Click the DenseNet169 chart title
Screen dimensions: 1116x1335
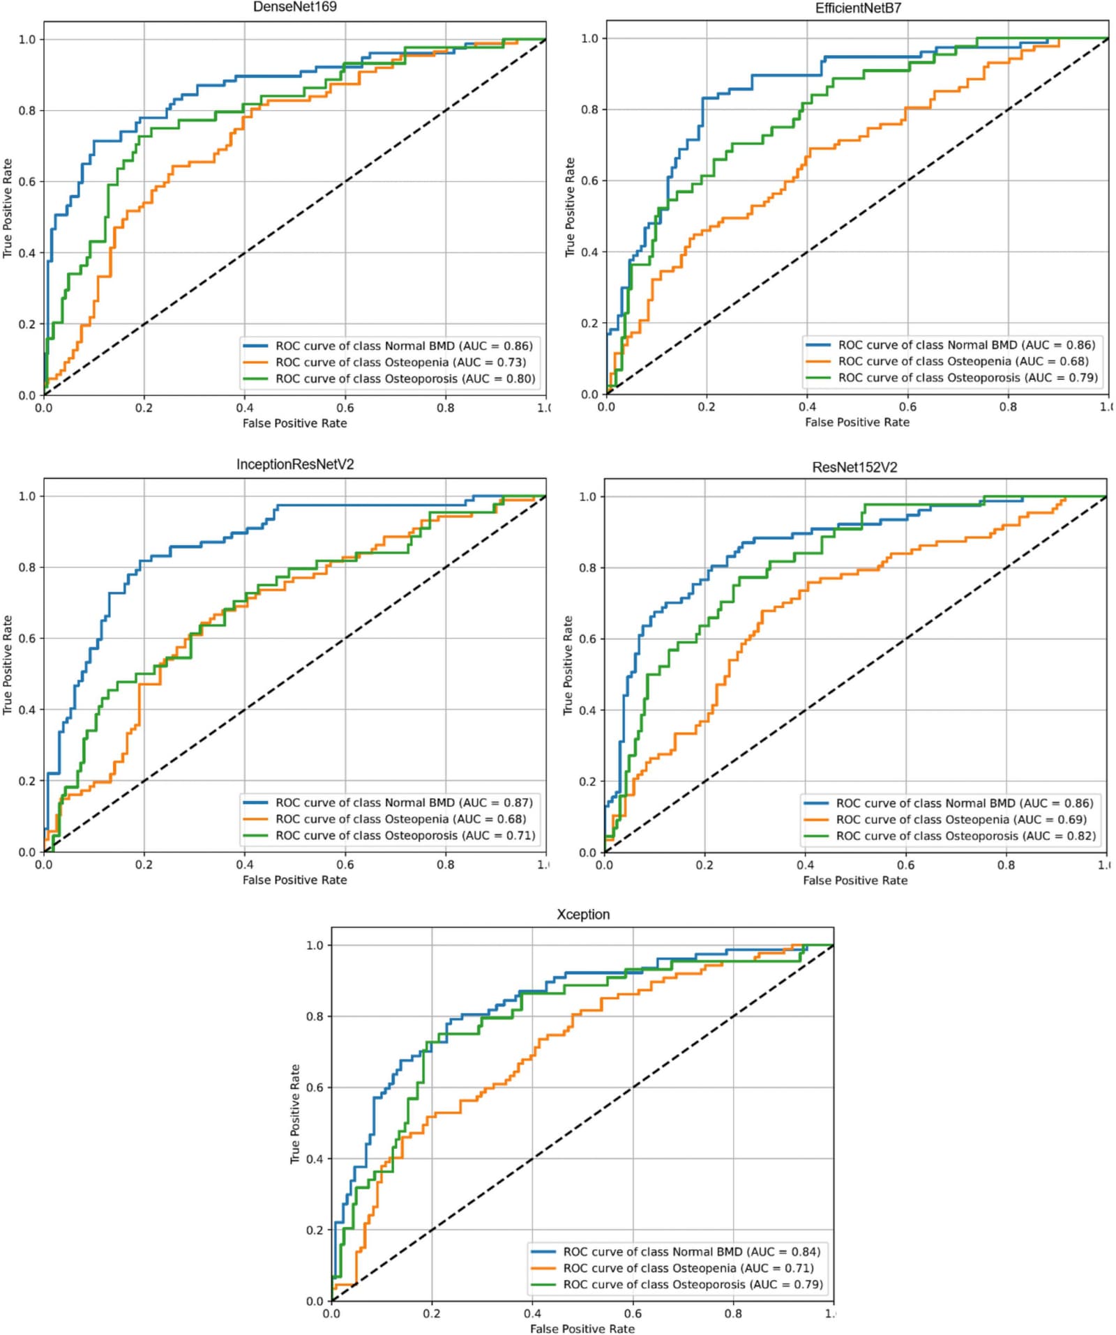point(294,7)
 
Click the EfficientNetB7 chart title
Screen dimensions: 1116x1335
point(858,8)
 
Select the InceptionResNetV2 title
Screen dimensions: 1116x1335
point(295,464)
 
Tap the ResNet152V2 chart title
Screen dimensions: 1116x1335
point(854,467)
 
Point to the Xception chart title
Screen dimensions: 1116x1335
point(583,914)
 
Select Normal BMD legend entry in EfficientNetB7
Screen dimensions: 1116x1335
point(950,344)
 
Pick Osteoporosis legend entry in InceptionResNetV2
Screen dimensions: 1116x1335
point(389,835)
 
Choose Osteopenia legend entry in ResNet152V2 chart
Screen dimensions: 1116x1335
point(946,819)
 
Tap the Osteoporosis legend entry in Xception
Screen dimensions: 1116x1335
point(676,1284)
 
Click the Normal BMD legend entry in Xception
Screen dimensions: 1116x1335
point(674,1251)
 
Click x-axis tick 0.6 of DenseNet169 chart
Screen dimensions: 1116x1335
point(345,408)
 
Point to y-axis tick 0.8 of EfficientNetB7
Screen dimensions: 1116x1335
point(589,109)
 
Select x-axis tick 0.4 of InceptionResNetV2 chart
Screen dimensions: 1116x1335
point(245,864)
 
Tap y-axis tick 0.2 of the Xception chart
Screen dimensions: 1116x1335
point(315,1230)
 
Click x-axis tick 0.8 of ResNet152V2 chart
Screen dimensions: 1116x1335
point(1006,865)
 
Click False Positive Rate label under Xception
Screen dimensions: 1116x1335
point(582,1328)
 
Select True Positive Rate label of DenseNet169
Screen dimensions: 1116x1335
point(8,208)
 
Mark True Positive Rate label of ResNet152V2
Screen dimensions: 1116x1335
point(568,665)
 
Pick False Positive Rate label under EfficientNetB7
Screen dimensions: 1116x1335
point(857,422)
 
